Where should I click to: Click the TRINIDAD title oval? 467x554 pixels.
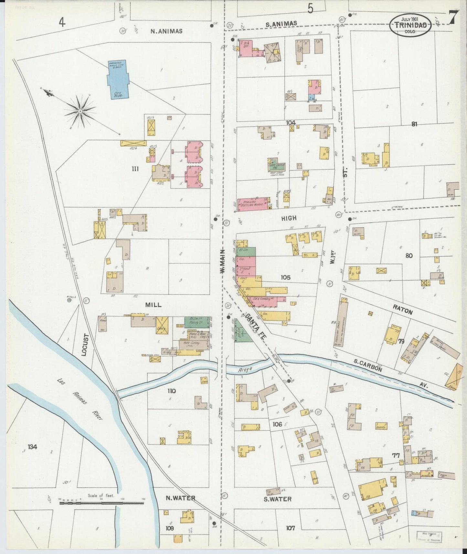point(410,25)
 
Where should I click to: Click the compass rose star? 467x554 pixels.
point(80,111)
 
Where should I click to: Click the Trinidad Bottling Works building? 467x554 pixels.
point(254,204)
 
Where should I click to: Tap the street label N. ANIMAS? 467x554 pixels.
point(166,31)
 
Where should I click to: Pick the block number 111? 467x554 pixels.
point(135,168)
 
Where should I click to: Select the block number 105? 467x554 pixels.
point(285,277)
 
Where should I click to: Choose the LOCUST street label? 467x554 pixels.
point(85,345)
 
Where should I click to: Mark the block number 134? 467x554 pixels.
point(32,447)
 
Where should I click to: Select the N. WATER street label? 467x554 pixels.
point(180,498)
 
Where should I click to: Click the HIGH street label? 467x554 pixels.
point(289,218)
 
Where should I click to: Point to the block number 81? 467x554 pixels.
point(414,124)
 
